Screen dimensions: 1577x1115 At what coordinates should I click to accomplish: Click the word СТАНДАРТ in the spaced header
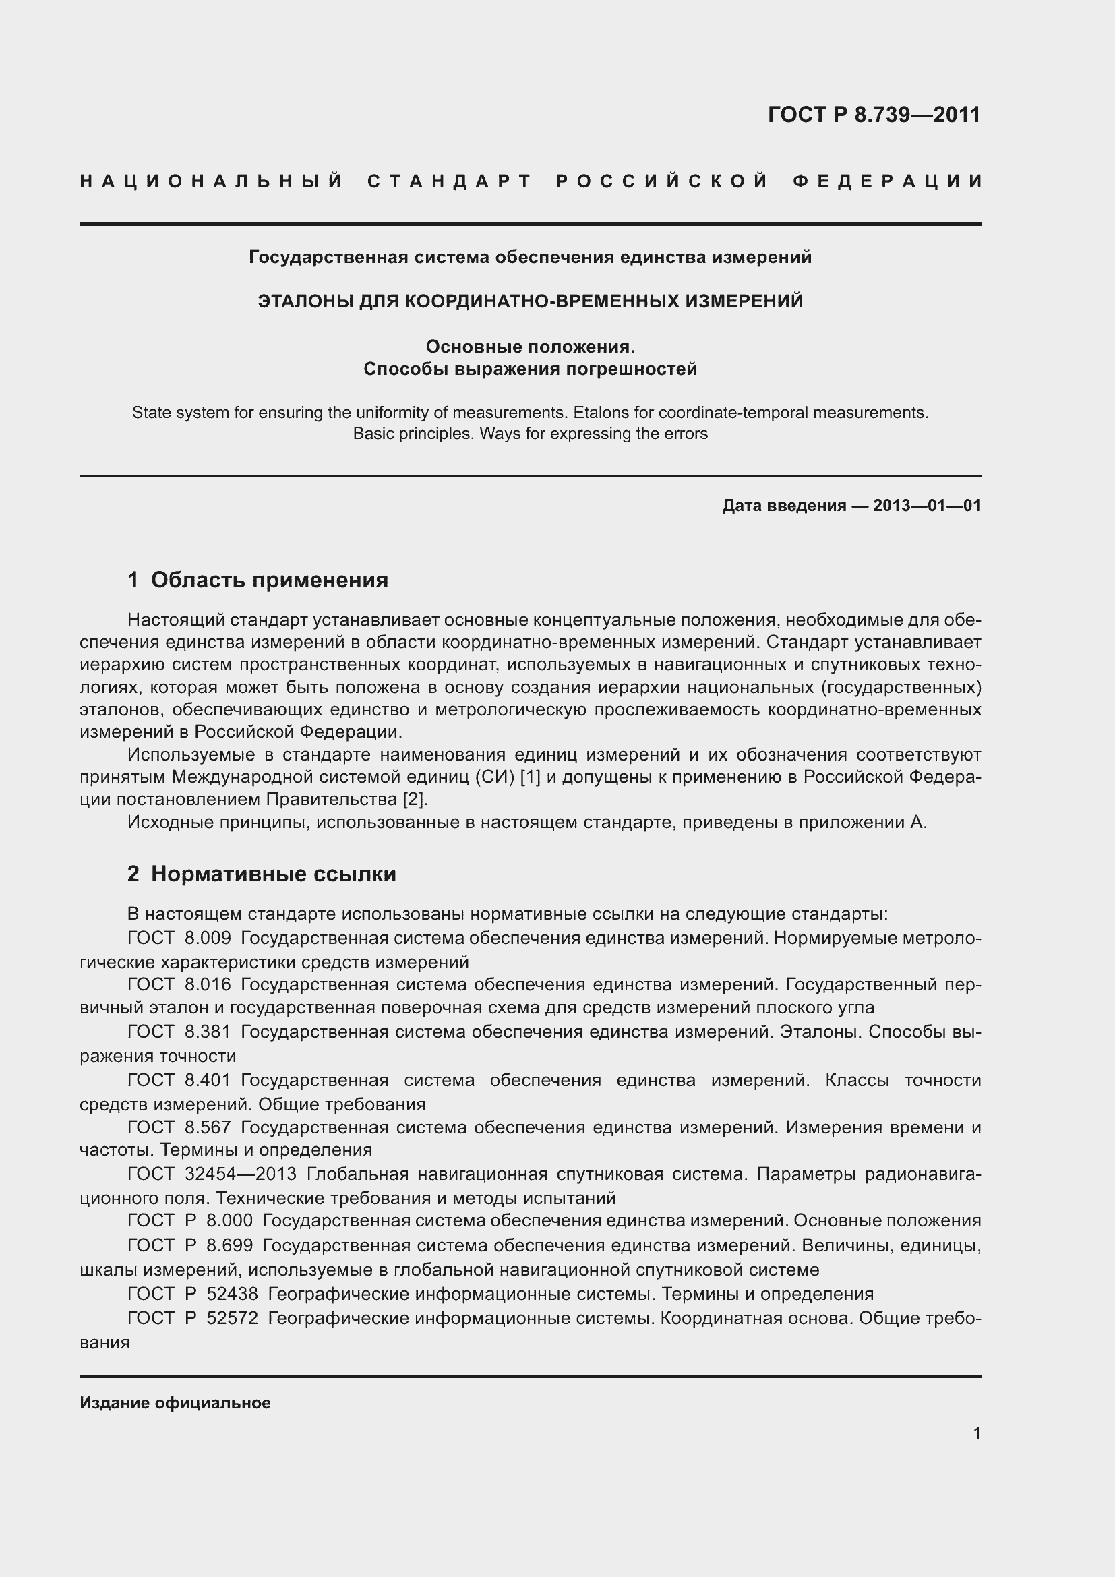pos(450,182)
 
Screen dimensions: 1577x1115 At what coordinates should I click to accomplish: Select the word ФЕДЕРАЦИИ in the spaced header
pos(888,182)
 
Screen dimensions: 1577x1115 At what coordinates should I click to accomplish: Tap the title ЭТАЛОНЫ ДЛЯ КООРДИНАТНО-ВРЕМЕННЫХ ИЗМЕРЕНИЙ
pos(530,301)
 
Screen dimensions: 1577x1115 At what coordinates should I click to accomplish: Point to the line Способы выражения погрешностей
pos(530,369)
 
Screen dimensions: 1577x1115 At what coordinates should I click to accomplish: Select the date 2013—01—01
pos(927,506)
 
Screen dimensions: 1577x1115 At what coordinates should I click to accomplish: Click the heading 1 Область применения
pos(258,581)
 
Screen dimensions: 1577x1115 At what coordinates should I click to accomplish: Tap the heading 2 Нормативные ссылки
pos(262,874)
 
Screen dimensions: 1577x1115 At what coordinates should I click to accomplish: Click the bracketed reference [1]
pos(531,777)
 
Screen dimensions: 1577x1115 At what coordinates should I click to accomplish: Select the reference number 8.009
pos(208,939)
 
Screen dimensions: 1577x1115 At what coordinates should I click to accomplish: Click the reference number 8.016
pos(208,985)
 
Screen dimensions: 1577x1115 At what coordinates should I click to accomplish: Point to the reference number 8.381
pos(208,1032)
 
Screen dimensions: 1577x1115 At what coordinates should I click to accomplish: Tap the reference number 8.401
pos(208,1080)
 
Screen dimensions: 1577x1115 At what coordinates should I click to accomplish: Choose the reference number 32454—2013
pos(241,1174)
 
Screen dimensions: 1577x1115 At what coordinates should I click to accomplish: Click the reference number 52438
pos(232,1295)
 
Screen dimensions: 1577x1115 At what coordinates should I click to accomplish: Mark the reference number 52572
pos(232,1319)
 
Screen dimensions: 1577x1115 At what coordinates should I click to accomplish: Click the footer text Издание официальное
pos(175,1403)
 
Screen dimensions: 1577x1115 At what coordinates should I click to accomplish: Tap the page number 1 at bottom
pos(976,1433)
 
